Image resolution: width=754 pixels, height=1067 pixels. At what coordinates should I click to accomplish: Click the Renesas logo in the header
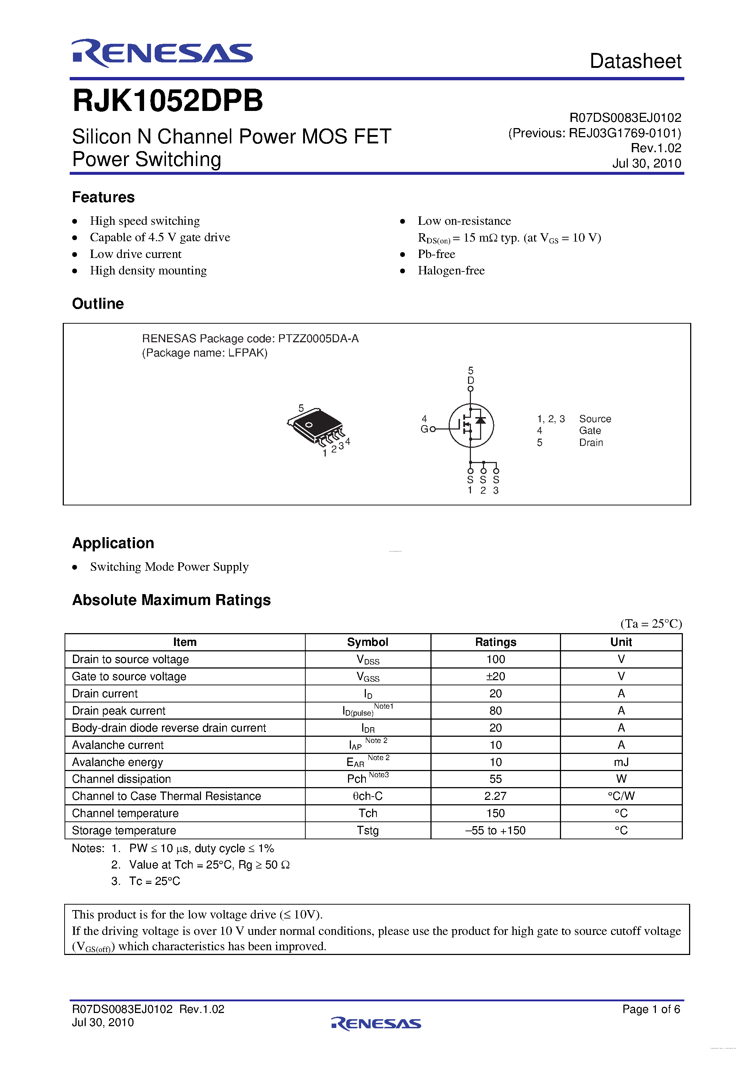point(162,53)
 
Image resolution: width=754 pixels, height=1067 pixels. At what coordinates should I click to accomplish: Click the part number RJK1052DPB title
point(168,100)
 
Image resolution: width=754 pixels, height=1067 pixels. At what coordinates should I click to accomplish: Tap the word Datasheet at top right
point(635,61)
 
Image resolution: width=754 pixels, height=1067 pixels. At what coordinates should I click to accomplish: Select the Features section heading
point(103,197)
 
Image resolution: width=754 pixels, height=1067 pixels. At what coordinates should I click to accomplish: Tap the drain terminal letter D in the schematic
point(471,380)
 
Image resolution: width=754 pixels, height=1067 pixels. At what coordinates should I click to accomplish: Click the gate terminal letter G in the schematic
point(424,429)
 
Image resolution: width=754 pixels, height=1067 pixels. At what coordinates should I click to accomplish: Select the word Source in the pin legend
point(595,419)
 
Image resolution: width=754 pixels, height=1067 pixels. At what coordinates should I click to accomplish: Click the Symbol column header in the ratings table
point(367,642)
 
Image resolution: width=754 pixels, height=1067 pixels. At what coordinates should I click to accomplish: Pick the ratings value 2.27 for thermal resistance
point(495,796)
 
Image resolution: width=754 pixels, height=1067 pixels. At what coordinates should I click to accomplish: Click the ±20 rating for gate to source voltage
point(495,676)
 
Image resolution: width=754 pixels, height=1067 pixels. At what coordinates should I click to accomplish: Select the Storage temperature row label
point(124,831)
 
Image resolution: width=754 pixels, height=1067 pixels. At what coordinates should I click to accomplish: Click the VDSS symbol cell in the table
point(367,659)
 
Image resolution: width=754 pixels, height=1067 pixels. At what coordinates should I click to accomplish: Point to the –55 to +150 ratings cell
point(495,831)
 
